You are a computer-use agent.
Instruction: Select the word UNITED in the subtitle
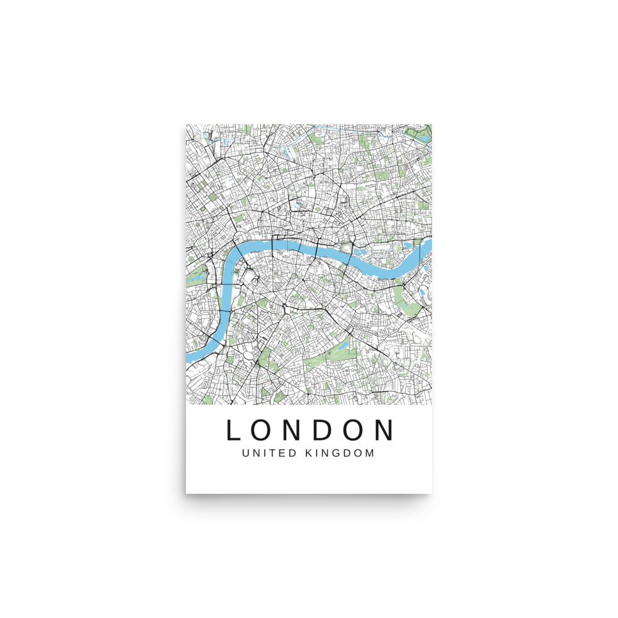click(x=267, y=453)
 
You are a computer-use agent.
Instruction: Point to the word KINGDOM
click(x=341, y=453)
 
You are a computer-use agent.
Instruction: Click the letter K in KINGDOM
click(x=309, y=453)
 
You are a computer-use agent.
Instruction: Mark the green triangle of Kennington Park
click(x=264, y=357)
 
